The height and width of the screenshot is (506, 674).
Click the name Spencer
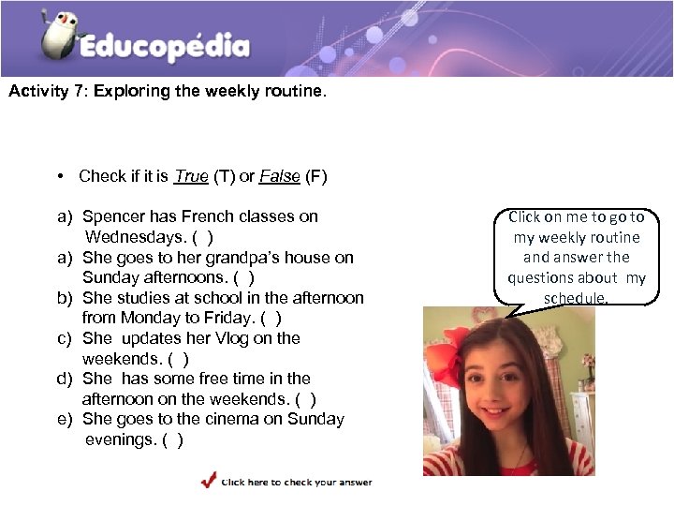[113, 216]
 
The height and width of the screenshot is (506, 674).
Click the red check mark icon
[209, 481]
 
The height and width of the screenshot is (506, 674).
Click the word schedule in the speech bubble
[576, 298]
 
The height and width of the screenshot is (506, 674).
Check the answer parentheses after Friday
[272, 318]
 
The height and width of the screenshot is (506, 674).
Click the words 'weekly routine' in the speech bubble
[591, 237]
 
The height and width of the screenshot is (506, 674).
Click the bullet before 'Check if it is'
[59, 177]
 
